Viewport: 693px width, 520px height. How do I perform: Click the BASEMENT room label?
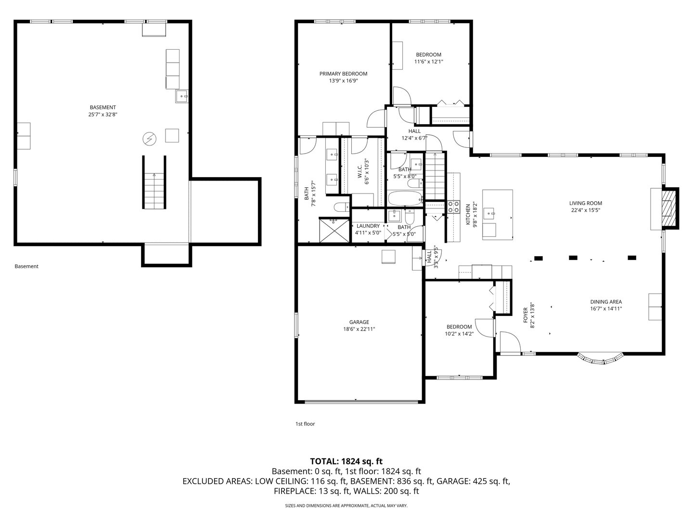click(x=103, y=107)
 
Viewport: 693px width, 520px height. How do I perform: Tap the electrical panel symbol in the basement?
click(x=149, y=139)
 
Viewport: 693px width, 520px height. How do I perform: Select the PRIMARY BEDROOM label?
click(x=343, y=74)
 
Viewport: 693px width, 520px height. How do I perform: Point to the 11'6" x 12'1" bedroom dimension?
click(x=428, y=62)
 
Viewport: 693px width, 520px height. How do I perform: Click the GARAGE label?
click(x=359, y=322)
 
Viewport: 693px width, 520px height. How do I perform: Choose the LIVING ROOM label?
click(x=585, y=203)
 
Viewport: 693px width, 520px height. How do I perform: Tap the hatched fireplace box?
click(x=668, y=208)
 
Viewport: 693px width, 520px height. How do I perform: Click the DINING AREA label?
click(x=606, y=302)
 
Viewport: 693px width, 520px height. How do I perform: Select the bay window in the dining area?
click(x=601, y=360)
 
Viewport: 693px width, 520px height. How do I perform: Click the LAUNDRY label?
click(x=368, y=226)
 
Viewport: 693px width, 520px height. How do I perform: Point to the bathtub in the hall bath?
click(x=405, y=198)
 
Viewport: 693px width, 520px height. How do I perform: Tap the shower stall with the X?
click(x=334, y=231)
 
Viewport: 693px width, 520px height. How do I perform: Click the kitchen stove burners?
click(x=453, y=207)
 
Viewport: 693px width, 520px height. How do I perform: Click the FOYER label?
click(x=526, y=315)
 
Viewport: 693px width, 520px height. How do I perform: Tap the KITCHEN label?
click(x=468, y=214)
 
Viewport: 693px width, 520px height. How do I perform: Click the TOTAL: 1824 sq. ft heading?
click(x=346, y=461)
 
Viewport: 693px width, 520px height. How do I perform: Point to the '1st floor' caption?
click(x=305, y=424)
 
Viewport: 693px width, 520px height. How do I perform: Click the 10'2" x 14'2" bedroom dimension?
click(x=459, y=334)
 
